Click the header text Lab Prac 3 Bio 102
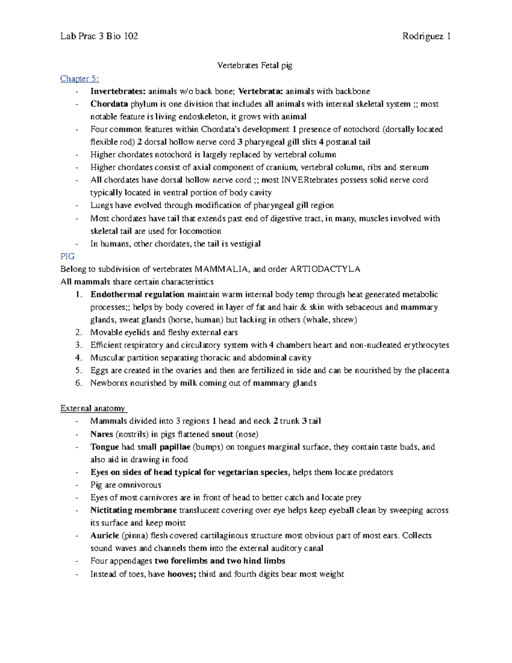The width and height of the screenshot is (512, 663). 99,36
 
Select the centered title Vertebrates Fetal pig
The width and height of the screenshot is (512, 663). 255,65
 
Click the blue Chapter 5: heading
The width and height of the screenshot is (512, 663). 80,79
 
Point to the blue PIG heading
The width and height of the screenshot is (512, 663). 67,256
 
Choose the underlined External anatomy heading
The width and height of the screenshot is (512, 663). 93,409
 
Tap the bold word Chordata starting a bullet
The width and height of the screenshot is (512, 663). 109,104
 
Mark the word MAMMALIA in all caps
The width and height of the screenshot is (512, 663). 221,269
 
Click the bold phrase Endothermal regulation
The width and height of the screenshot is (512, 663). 137,295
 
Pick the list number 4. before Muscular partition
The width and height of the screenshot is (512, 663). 79,358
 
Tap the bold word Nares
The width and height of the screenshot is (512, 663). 102,434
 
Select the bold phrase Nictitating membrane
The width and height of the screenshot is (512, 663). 134,510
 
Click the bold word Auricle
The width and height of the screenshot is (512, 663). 105,536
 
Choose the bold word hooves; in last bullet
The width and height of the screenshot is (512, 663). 182,574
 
